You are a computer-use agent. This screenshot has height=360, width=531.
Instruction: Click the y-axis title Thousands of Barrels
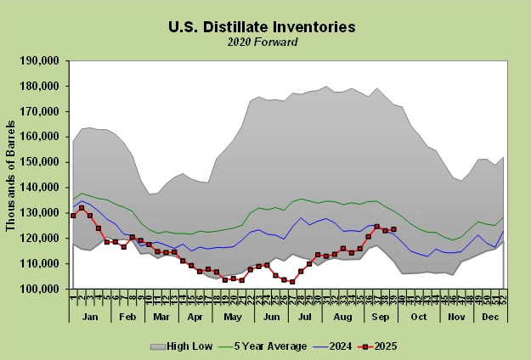coord(12,174)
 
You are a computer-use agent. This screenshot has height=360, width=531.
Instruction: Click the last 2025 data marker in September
coord(393,229)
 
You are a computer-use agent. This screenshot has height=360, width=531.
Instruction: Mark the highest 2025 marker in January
coord(82,207)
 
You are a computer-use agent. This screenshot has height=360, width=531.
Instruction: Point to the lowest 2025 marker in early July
coord(292,282)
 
